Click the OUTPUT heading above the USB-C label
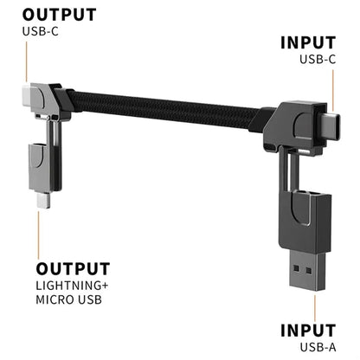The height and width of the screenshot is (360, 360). click(x=59, y=15)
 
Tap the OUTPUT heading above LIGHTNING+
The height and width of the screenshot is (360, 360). click(x=73, y=269)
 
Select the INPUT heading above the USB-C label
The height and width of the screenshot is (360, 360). click(x=308, y=43)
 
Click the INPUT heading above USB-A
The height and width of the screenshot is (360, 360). click(x=308, y=331)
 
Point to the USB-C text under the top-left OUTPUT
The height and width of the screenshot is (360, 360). click(x=41, y=31)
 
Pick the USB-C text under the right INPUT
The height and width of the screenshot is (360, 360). click(x=318, y=60)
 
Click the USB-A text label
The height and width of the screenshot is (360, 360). click(x=318, y=347)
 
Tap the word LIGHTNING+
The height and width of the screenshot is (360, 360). click(x=72, y=286)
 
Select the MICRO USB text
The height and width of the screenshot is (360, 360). click(x=69, y=299)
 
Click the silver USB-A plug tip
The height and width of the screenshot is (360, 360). click(x=308, y=271)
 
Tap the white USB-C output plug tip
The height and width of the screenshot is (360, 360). click(x=26, y=95)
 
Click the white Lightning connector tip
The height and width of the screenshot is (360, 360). click(x=43, y=200)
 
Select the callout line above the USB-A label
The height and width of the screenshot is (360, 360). click(x=315, y=307)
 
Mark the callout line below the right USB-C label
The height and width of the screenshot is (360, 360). click(x=333, y=91)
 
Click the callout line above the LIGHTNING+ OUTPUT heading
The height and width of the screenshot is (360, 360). click(x=38, y=235)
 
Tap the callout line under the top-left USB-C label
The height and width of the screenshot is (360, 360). click(x=27, y=61)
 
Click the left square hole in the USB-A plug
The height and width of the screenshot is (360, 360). click(x=296, y=268)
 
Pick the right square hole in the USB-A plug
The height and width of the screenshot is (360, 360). click(x=309, y=271)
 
